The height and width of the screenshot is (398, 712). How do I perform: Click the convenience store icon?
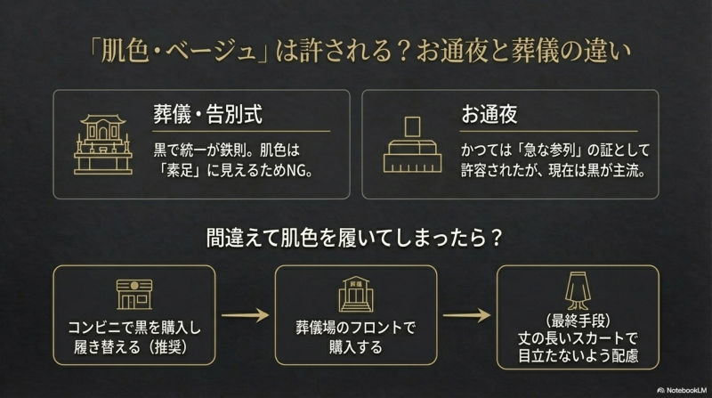pos(134,295)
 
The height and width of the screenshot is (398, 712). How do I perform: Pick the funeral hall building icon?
pos(355,295)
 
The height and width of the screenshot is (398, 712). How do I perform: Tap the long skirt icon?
pos(578,291)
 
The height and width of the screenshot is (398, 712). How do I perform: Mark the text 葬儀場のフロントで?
pos(355,328)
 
